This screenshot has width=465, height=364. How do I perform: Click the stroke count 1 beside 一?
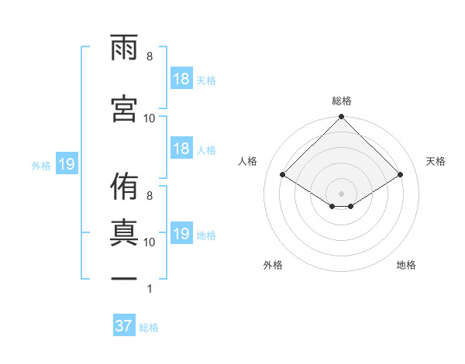(x=150, y=289)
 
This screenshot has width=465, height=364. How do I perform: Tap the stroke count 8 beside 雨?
(x=150, y=57)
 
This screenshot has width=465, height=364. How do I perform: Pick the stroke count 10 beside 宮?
(x=150, y=118)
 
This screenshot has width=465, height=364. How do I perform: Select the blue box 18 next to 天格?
(x=181, y=79)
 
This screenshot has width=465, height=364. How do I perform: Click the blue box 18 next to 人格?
(x=181, y=149)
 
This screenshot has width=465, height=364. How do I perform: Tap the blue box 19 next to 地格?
(x=181, y=234)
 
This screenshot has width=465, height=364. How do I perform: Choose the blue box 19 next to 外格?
(x=66, y=164)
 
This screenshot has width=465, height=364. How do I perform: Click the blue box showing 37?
(x=123, y=326)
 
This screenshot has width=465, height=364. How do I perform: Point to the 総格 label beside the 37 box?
(x=149, y=328)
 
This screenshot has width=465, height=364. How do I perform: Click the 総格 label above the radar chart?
(x=341, y=101)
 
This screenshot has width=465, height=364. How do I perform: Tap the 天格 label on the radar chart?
(x=436, y=161)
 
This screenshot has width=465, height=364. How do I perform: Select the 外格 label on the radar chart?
(x=273, y=265)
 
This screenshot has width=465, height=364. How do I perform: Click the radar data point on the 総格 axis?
(x=341, y=118)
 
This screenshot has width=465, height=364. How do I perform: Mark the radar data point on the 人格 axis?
(x=283, y=175)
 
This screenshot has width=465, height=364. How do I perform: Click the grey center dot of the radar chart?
(x=341, y=191)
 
